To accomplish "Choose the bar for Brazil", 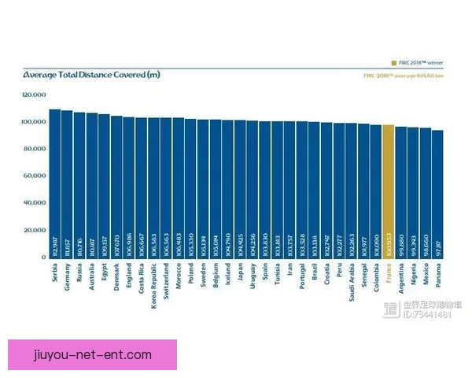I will tap(315, 189).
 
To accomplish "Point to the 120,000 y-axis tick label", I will tap(35, 94).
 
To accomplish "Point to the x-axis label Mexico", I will tap(426, 276).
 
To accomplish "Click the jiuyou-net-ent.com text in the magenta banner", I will tap(93, 355).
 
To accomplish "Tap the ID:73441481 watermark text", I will tap(427, 315).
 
